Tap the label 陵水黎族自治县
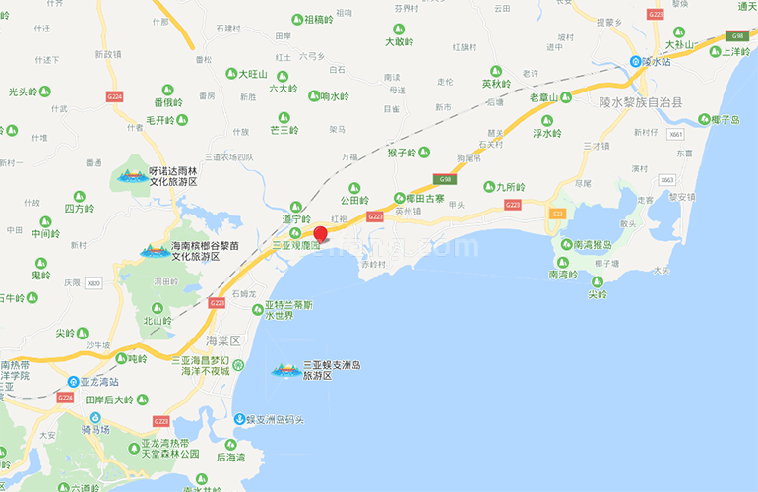pos(640,100)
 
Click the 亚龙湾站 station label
pos(99,381)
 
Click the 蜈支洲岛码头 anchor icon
pos(239,420)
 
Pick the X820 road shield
pos(94,283)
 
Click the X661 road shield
pos(674,134)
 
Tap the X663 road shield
pos(667,180)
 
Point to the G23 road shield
pos(557,213)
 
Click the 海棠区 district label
pos(223,340)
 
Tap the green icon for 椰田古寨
pos(399,197)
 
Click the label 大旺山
pos(253,74)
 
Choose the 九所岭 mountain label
pos(511,186)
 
